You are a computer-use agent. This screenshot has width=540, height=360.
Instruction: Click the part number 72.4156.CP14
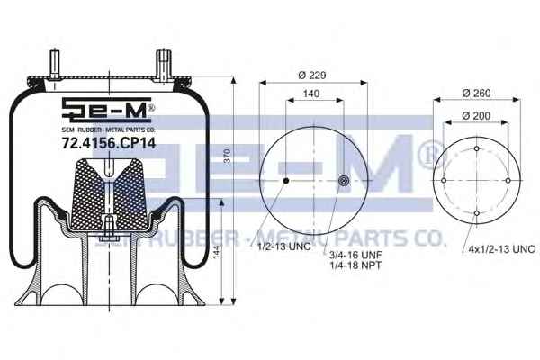point(109,143)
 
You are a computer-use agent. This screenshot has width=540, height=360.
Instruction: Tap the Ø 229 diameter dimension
point(312,75)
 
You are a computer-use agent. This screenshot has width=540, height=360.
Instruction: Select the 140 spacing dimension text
point(311,94)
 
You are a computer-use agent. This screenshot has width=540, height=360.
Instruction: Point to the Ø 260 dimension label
point(477,93)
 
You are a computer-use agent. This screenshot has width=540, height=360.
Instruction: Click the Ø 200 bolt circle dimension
point(476,116)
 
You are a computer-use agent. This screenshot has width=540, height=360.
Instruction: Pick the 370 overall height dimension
point(228,157)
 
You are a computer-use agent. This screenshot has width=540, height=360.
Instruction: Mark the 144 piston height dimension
point(216,253)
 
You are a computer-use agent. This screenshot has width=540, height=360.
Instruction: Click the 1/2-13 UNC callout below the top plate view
point(284,247)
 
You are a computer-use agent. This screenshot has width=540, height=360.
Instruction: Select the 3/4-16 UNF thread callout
point(355,255)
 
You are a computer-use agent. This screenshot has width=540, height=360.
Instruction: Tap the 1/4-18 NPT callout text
point(355,265)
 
